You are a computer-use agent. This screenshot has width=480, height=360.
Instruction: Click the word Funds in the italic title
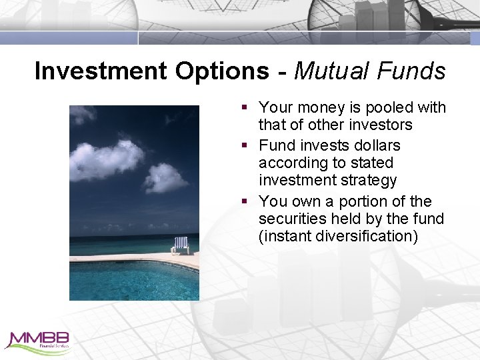pos(415,71)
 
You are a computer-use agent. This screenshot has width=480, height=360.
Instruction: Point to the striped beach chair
pos(180,245)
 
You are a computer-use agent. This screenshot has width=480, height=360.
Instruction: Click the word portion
pos(364,201)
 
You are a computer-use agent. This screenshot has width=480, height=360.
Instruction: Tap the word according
pos(289,163)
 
